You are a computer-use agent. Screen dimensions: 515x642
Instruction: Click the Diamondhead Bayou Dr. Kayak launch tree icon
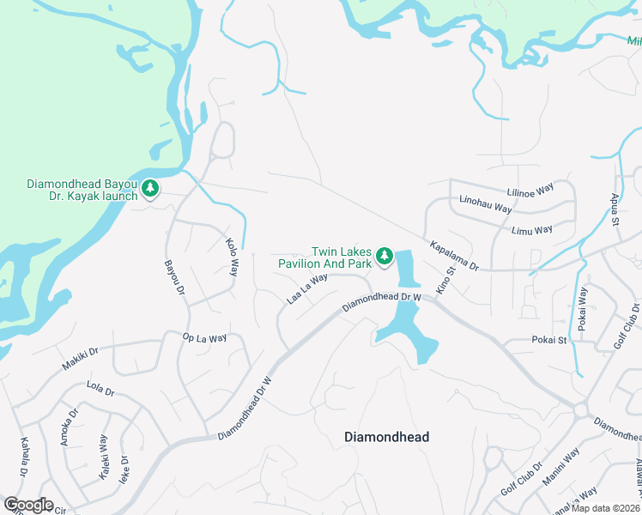[x=150, y=188]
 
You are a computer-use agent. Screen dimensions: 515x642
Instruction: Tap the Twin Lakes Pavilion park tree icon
[x=385, y=256]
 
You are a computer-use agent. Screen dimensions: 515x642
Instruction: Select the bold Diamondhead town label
[x=386, y=437]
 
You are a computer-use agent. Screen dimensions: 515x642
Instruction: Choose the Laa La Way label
[x=308, y=288]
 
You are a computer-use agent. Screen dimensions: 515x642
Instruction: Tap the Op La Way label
[x=204, y=338]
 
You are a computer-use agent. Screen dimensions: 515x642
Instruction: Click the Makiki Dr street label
[x=81, y=359]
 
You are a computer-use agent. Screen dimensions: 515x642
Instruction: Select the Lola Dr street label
[x=100, y=389]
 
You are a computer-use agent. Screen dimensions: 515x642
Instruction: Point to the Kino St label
[x=444, y=282]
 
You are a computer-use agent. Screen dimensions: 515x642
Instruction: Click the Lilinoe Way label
[x=530, y=192]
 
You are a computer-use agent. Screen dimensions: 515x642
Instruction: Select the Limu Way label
[x=531, y=230]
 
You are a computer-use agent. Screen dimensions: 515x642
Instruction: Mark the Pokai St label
[x=548, y=340]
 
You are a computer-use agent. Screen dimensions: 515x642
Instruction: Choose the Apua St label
[x=615, y=209]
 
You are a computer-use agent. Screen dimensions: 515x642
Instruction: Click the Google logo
[x=27, y=505]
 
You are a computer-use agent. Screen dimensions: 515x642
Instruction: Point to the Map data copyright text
[x=606, y=508]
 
